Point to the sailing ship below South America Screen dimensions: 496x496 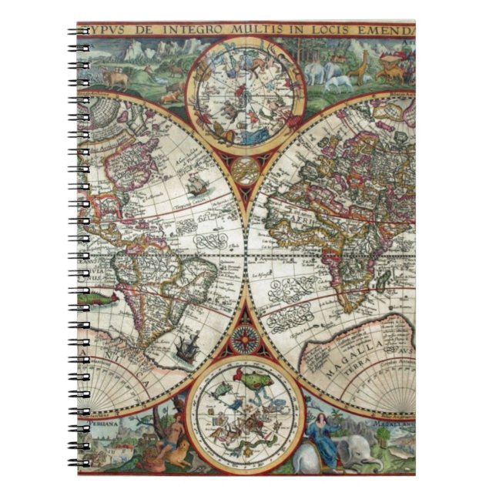pyautogui.click(x=186, y=350)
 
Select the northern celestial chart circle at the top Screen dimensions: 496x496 pyautogui.click(x=248, y=92)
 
